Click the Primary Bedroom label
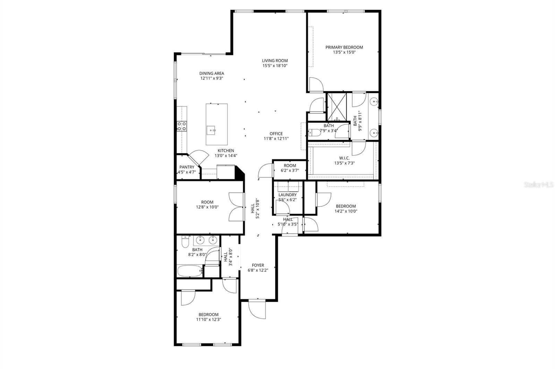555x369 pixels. click(x=344, y=48)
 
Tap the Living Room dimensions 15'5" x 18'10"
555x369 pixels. click(x=275, y=66)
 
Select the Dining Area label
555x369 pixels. click(x=212, y=73)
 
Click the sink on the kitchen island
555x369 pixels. click(x=211, y=130)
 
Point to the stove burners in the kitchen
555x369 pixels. click(x=182, y=126)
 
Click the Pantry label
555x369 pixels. click(x=187, y=167)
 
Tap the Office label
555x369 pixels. click(x=276, y=134)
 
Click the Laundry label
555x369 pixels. click(x=288, y=195)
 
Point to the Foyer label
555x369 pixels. click(x=258, y=265)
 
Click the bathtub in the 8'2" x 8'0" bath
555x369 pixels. click(x=189, y=271)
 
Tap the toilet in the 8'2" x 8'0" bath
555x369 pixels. click(x=185, y=241)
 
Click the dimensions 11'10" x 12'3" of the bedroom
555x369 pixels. click(x=208, y=319)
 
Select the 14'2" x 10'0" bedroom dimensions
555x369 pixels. click(x=346, y=211)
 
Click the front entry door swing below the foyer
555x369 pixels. click(x=257, y=310)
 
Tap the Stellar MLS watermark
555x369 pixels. click(x=538, y=185)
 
